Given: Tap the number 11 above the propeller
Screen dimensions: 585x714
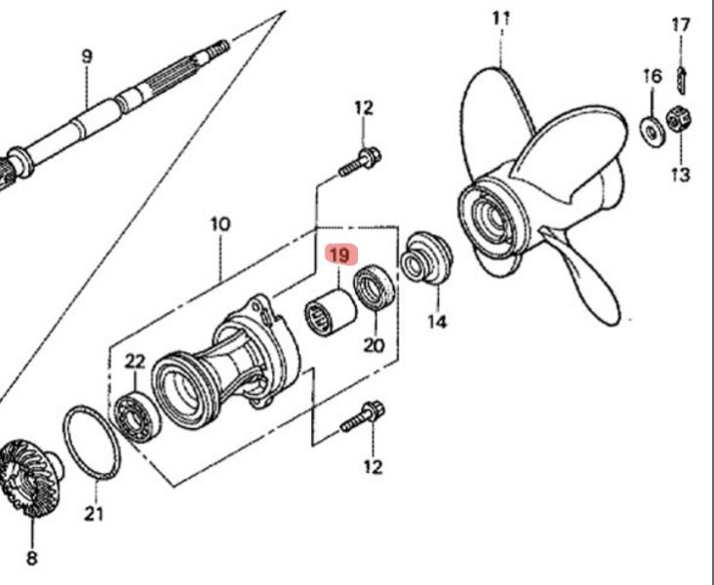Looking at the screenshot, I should [501, 18].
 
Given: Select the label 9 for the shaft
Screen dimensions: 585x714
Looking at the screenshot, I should [87, 57].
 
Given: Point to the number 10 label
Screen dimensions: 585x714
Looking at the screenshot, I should [220, 224].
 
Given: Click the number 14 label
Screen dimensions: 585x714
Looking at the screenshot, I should [437, 321].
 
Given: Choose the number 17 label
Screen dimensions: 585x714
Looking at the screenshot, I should [681, 24].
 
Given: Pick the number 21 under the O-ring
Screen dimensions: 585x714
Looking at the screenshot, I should [94, 514].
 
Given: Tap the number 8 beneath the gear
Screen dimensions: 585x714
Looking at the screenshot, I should [31, 559].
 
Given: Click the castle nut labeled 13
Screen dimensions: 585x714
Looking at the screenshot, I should [680, 122].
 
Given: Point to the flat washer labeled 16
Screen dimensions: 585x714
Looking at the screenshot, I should [649, 127].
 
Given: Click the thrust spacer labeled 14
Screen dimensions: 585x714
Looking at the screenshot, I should [426, 257].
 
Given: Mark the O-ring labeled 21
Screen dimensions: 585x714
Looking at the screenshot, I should [91, 445].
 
